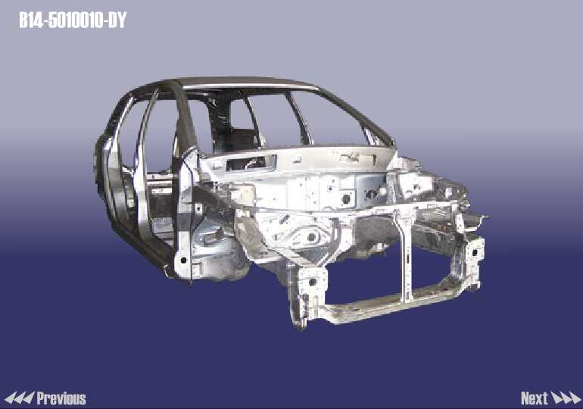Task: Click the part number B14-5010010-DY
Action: click(x=73, y=20)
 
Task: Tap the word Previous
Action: click(x=61, y=398)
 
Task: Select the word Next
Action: click(x=535, y=398)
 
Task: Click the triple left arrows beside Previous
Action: click(x=19, y=398)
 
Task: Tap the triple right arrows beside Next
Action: click(x=565, y=398)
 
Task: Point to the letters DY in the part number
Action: click(x=117, y=20)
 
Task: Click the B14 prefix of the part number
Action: click(x=31, y=20)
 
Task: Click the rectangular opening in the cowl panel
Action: click(x=251, y=163)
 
